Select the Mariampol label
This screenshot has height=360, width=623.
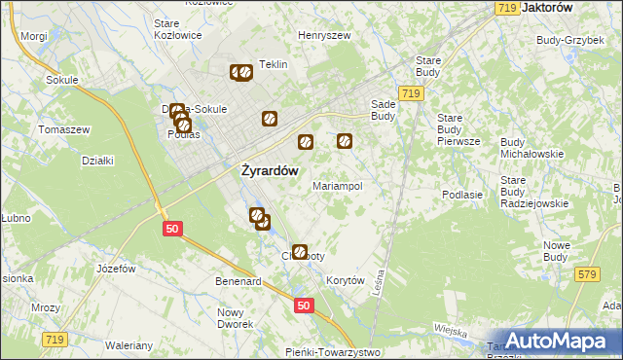[338, 185]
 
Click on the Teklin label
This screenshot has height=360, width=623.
[274, 64]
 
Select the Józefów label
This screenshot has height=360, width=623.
[115, 268]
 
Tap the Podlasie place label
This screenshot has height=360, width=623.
[462, 195]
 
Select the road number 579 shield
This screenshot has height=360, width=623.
[586, 275]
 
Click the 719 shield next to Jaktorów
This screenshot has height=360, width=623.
[504, 8]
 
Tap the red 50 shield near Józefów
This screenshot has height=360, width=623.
[171, 228]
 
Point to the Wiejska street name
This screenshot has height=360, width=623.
[452, 330]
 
